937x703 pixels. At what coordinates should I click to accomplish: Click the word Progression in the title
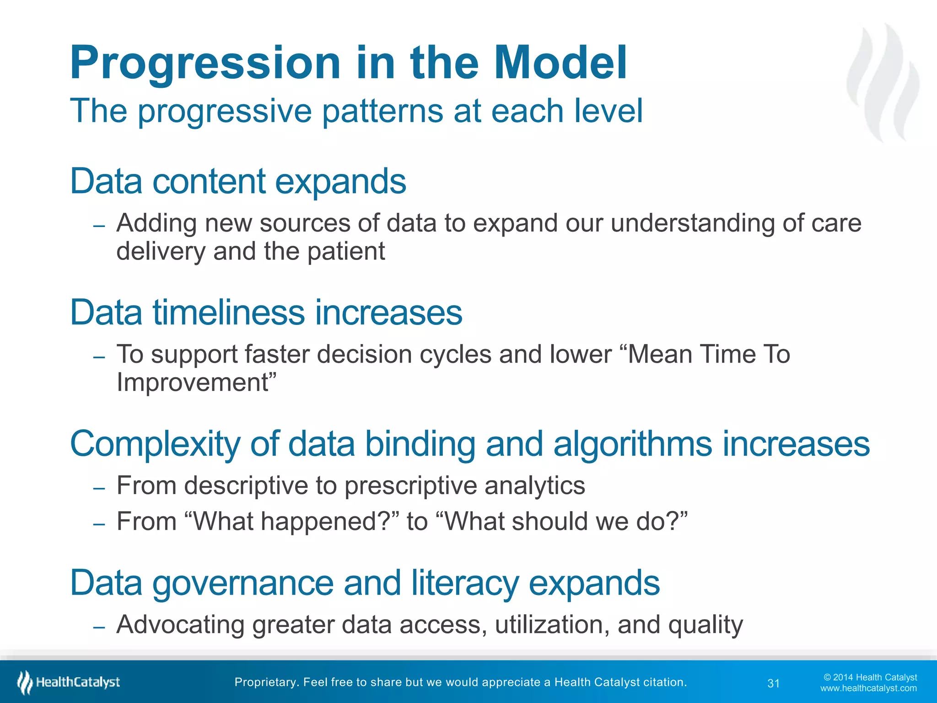coord(205,64)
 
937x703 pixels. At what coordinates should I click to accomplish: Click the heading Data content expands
coord(238,181)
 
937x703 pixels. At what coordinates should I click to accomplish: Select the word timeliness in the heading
coord(228,313)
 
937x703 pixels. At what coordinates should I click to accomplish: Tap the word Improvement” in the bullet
coord(197,383)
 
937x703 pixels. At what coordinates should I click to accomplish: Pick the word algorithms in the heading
coord(632,444)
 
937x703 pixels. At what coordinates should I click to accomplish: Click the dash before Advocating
coord(99,627)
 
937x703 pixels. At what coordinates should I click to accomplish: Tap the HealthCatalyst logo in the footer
coord(69,682)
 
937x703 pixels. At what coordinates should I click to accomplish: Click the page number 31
coord(773,683)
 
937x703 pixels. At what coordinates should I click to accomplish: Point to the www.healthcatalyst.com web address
coord(868,688)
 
